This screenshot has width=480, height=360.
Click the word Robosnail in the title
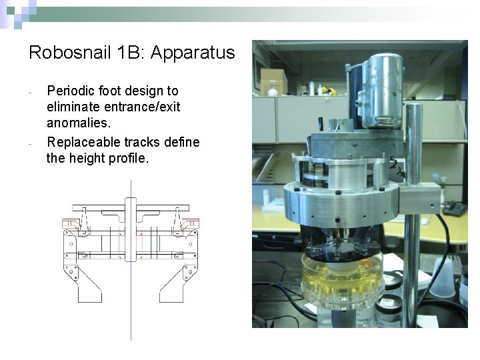tap(63, 53)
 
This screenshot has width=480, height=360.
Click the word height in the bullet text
tap(91, 158)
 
